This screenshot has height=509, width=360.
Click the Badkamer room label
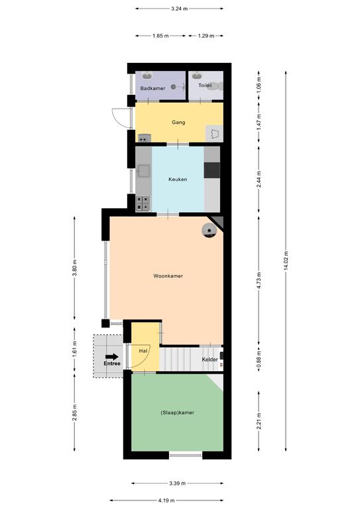[x=152, y=88]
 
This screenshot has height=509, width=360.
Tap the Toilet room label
[x=205, y=85]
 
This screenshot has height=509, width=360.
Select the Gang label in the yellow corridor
[x=178, y=123]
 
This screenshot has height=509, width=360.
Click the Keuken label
[x=178, y=179]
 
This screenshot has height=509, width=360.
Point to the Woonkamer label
[x=168, y=276]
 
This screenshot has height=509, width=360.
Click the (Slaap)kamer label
[x=177, y=413]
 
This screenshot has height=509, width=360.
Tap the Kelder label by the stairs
[x=210, y=359]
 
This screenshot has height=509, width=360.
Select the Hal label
[x=143, y=351]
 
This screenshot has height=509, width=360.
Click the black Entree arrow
[x=112, y=357]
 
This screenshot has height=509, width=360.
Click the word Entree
[x=112, y=364]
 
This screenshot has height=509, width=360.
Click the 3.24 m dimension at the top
[x=180, y=9]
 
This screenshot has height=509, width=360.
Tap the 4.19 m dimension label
[x=166, y=500]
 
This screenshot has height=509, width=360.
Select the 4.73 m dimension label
[x=259, y=281]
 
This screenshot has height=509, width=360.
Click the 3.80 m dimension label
[x=75, y=268]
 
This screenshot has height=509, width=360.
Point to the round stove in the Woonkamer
[x=210, y=231]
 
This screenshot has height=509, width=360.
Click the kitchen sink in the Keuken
[x=143, y=171]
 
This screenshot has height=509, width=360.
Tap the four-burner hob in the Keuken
[x=143, y=203]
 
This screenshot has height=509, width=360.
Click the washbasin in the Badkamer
[x=147, y=76]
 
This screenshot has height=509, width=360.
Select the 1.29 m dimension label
[x=206, y=36]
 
